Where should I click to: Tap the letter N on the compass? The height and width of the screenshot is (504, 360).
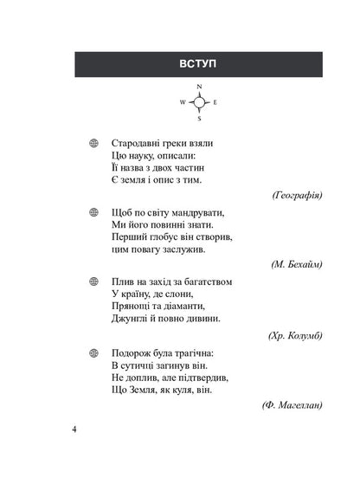(199, 87)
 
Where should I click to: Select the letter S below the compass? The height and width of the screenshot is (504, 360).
(199, 118)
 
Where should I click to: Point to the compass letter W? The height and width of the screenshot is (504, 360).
(183, 103)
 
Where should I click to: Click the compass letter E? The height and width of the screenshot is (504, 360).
(215, 103)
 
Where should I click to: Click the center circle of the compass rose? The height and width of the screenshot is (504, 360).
(199, 103)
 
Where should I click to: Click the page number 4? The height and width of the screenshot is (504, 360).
(74, 430)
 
